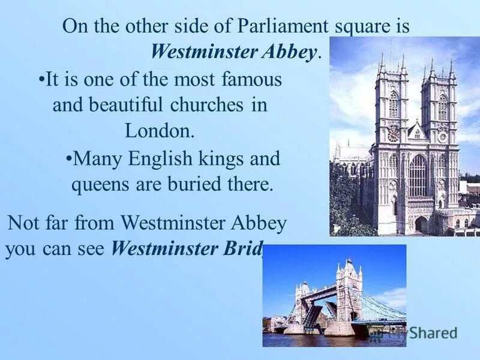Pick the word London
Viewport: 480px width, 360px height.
[x=160, y=130]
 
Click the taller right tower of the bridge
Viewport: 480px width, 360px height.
[x=349, y=291]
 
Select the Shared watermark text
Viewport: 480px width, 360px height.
[x=431, y=333]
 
